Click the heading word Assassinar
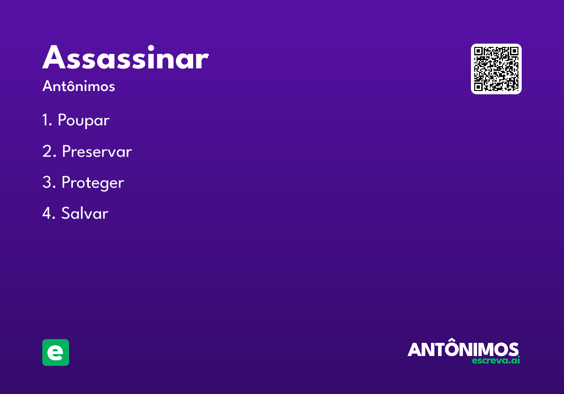coord(125,57)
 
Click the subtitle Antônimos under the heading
coord(78,86)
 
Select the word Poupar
coord(84,121)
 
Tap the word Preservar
coord(97,151)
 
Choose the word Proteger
coord(93,182)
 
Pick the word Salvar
coord(85,213)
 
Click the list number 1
coord(47,120)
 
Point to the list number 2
coord(49,151)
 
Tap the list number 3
coord(49,182)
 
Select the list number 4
coord(48,213)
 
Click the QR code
coord(496,69)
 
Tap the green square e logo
coord(55,352)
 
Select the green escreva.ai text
coord(496,360)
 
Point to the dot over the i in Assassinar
coord(151,48)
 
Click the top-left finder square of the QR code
coord(478,51)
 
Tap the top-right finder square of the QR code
coord(514,51)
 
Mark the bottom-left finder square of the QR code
coord(478,87)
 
